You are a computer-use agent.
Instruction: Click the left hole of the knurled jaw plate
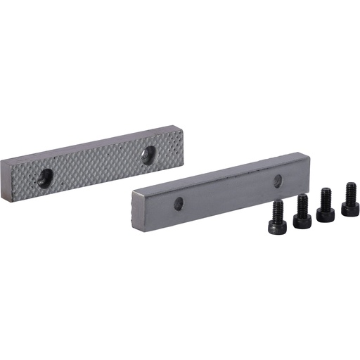pyautogui.click(x=44, y=179)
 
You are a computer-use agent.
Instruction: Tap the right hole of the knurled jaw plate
pyautogui.click(x=148, y=155)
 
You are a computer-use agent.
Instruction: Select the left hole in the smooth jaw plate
pyautogui.click(x=179, y=204)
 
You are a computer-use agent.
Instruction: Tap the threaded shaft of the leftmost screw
pyautogui.click(x=278, y=209)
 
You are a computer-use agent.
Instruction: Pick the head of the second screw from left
pyautogui.click(x=302, y=220)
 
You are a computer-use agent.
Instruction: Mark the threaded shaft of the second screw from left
pyautogui.click(x=302, y=203)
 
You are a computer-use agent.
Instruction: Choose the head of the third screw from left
pyautogui.click(x=326, y=214)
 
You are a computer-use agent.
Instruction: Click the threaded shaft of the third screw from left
pyautogui.click(x=326, y=196)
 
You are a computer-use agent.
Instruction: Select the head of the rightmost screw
pyautogui.click(x=349, y=207)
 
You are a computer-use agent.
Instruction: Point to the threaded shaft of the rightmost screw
pyautogui.click(x=349, y=191)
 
